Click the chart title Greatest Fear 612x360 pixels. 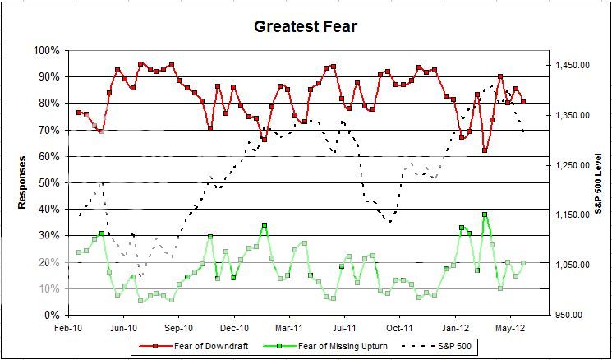(305, 27)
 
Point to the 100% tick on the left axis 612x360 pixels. (45, 51)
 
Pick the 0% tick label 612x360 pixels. (51, 316)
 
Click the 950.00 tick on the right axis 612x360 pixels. (568, 316)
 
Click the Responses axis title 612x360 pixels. (24, 182)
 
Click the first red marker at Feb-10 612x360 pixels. (79, 112)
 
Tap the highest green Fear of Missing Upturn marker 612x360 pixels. (485, 215)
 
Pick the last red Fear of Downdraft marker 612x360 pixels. (523, 102)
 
